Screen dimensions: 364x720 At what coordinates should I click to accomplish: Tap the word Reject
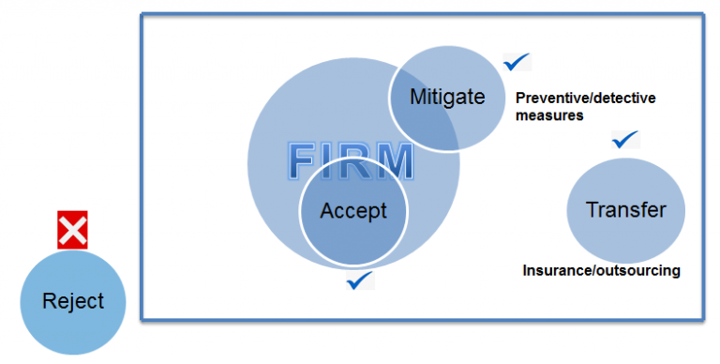click(73, 302)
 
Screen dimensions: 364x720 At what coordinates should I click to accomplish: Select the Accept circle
click(353, 218)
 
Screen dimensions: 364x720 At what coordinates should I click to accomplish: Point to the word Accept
click(353, 211)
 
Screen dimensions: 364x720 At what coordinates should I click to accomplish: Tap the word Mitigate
click(447, 97)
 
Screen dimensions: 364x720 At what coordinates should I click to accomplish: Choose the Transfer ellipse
click(625, 210)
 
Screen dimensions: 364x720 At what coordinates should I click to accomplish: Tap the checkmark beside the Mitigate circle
click(517, 63)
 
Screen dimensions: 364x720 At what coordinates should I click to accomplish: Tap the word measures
click(549, 116)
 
